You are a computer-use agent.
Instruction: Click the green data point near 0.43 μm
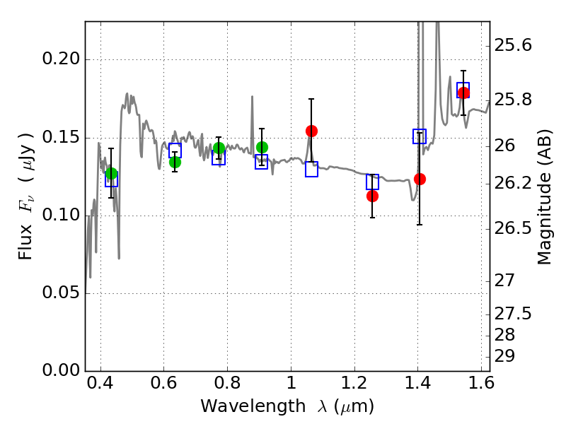tap(111, 173)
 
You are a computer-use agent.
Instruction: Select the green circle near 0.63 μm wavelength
tap(175, 163)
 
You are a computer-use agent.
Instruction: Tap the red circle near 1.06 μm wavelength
tap(311, 131)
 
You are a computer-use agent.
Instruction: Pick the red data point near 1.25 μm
tap(372, 196)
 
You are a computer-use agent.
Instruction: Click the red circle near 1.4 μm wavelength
tap(420, 179)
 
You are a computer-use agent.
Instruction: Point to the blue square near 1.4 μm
tap(420, 136)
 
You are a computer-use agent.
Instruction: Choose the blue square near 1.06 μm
tap(311, 169)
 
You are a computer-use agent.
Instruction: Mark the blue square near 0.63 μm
tap(175, 151)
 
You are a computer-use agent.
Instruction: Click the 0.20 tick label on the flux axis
tap(61, 59)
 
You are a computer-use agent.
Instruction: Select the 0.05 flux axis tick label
tap(61, 292)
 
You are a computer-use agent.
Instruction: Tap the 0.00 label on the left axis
tap(61, 370)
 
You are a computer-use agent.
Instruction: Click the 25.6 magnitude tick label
tap(512, 45)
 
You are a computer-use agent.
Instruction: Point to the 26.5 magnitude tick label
tap(512, 228)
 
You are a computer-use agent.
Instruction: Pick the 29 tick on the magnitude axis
tap(504, 356)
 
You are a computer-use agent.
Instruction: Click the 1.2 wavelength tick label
tap(354, 383)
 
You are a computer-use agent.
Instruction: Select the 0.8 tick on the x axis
tap(227, 383)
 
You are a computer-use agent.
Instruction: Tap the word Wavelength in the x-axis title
tap(253, 406)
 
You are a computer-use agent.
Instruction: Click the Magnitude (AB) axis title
tap(545, 197)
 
